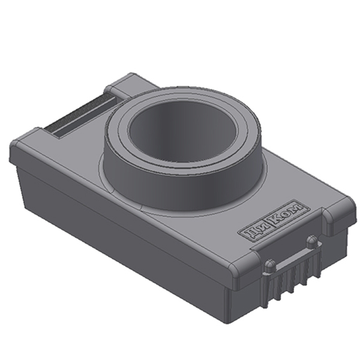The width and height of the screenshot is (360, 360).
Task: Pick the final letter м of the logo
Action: pyautogui.click(x=297, y=208)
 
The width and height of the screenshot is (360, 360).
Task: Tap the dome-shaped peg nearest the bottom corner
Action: pyautogui.click(x=270, y=266)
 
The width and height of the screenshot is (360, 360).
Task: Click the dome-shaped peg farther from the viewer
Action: pyautogui.click(x=312, y=242)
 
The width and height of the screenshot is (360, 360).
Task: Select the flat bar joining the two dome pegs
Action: pyautogui.click(x=293, y=256)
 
